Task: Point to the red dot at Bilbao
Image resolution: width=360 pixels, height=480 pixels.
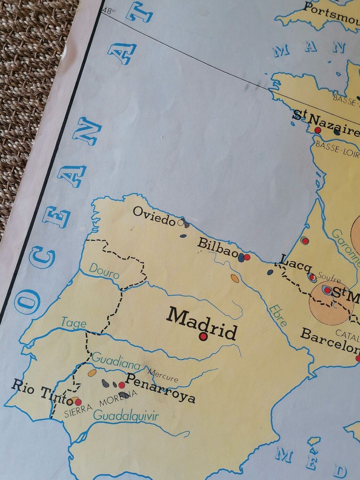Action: [247, 257]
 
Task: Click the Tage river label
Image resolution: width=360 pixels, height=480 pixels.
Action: [74, 322]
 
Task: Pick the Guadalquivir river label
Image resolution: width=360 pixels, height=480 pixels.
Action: [126, 416]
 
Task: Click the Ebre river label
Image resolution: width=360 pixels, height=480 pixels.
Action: [277, 315]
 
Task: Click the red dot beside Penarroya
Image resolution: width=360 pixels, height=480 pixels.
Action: [122, 384]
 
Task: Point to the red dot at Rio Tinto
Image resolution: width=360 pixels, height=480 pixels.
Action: [78, 402]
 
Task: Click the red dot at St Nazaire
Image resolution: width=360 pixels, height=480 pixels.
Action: [318, 130]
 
